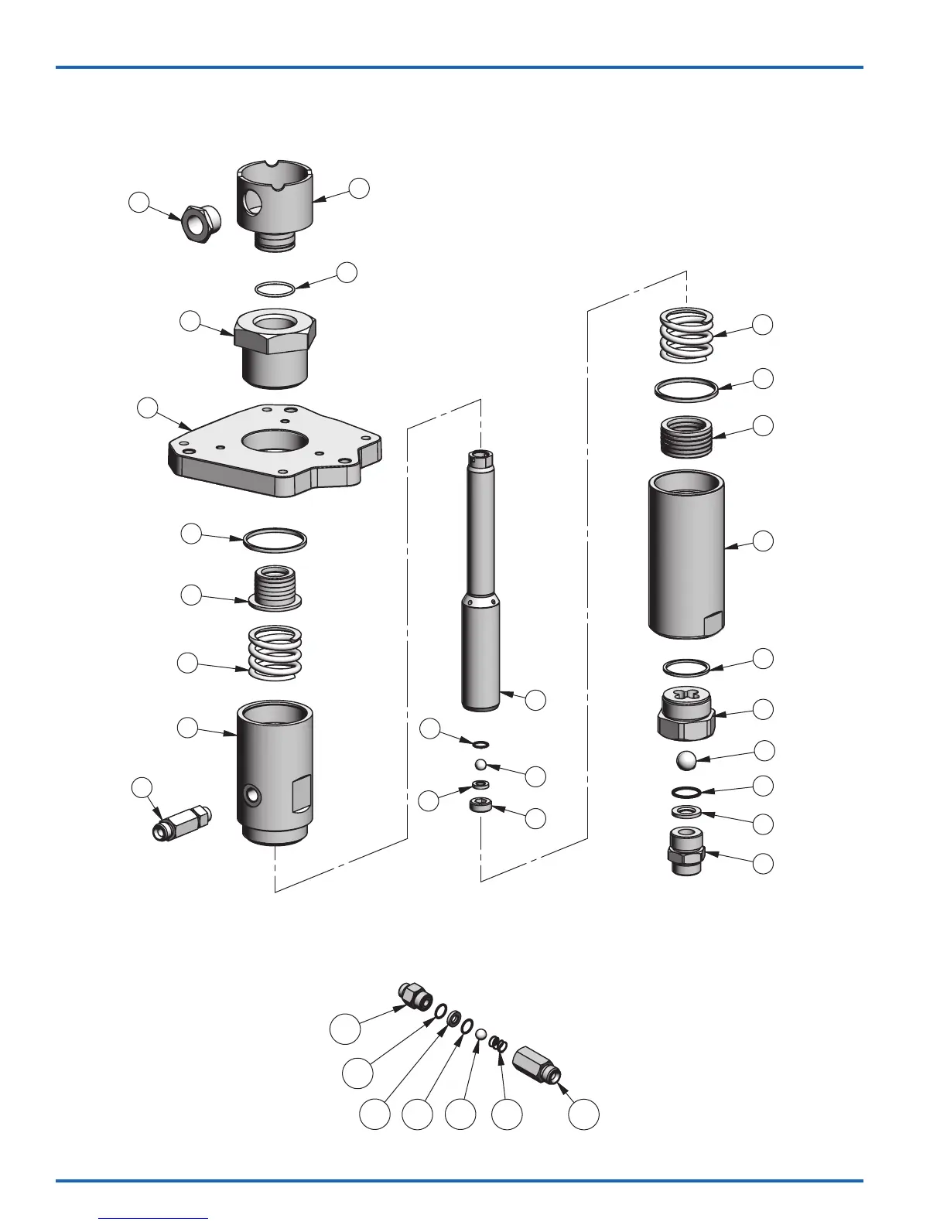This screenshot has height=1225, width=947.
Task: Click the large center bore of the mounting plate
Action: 276,442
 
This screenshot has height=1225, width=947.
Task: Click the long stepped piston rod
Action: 481,580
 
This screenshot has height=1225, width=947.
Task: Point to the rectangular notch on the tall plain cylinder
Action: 711,623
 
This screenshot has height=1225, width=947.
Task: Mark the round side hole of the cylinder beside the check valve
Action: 251,794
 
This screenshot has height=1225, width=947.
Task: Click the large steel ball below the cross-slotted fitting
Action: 685,759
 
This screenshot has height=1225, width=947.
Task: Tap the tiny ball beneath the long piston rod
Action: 480,764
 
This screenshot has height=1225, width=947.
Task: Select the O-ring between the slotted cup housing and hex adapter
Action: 275,288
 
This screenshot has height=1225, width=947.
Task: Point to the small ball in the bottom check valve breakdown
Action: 480,1034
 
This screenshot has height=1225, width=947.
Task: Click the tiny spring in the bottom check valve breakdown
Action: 500,1044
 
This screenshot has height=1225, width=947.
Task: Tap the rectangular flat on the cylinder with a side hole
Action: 302,793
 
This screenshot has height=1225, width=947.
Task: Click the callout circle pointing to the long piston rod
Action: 535,700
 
